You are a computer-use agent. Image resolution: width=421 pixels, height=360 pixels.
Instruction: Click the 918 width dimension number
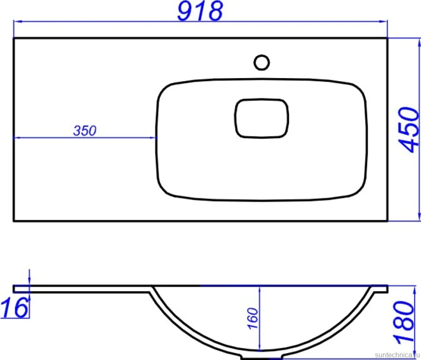click(x=200, y=11)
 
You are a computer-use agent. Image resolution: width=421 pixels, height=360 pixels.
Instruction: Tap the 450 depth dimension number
click(x=409, y=129)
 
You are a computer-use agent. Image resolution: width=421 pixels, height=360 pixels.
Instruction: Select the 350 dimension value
click(x=85, y=131)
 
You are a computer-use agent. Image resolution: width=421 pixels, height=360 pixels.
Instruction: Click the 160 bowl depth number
click(x=253, y=318)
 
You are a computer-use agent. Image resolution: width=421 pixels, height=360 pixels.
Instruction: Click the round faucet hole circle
click(x=262, y=63)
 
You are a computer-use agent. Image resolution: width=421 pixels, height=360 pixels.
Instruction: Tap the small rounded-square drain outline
click(x=262, y=118)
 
